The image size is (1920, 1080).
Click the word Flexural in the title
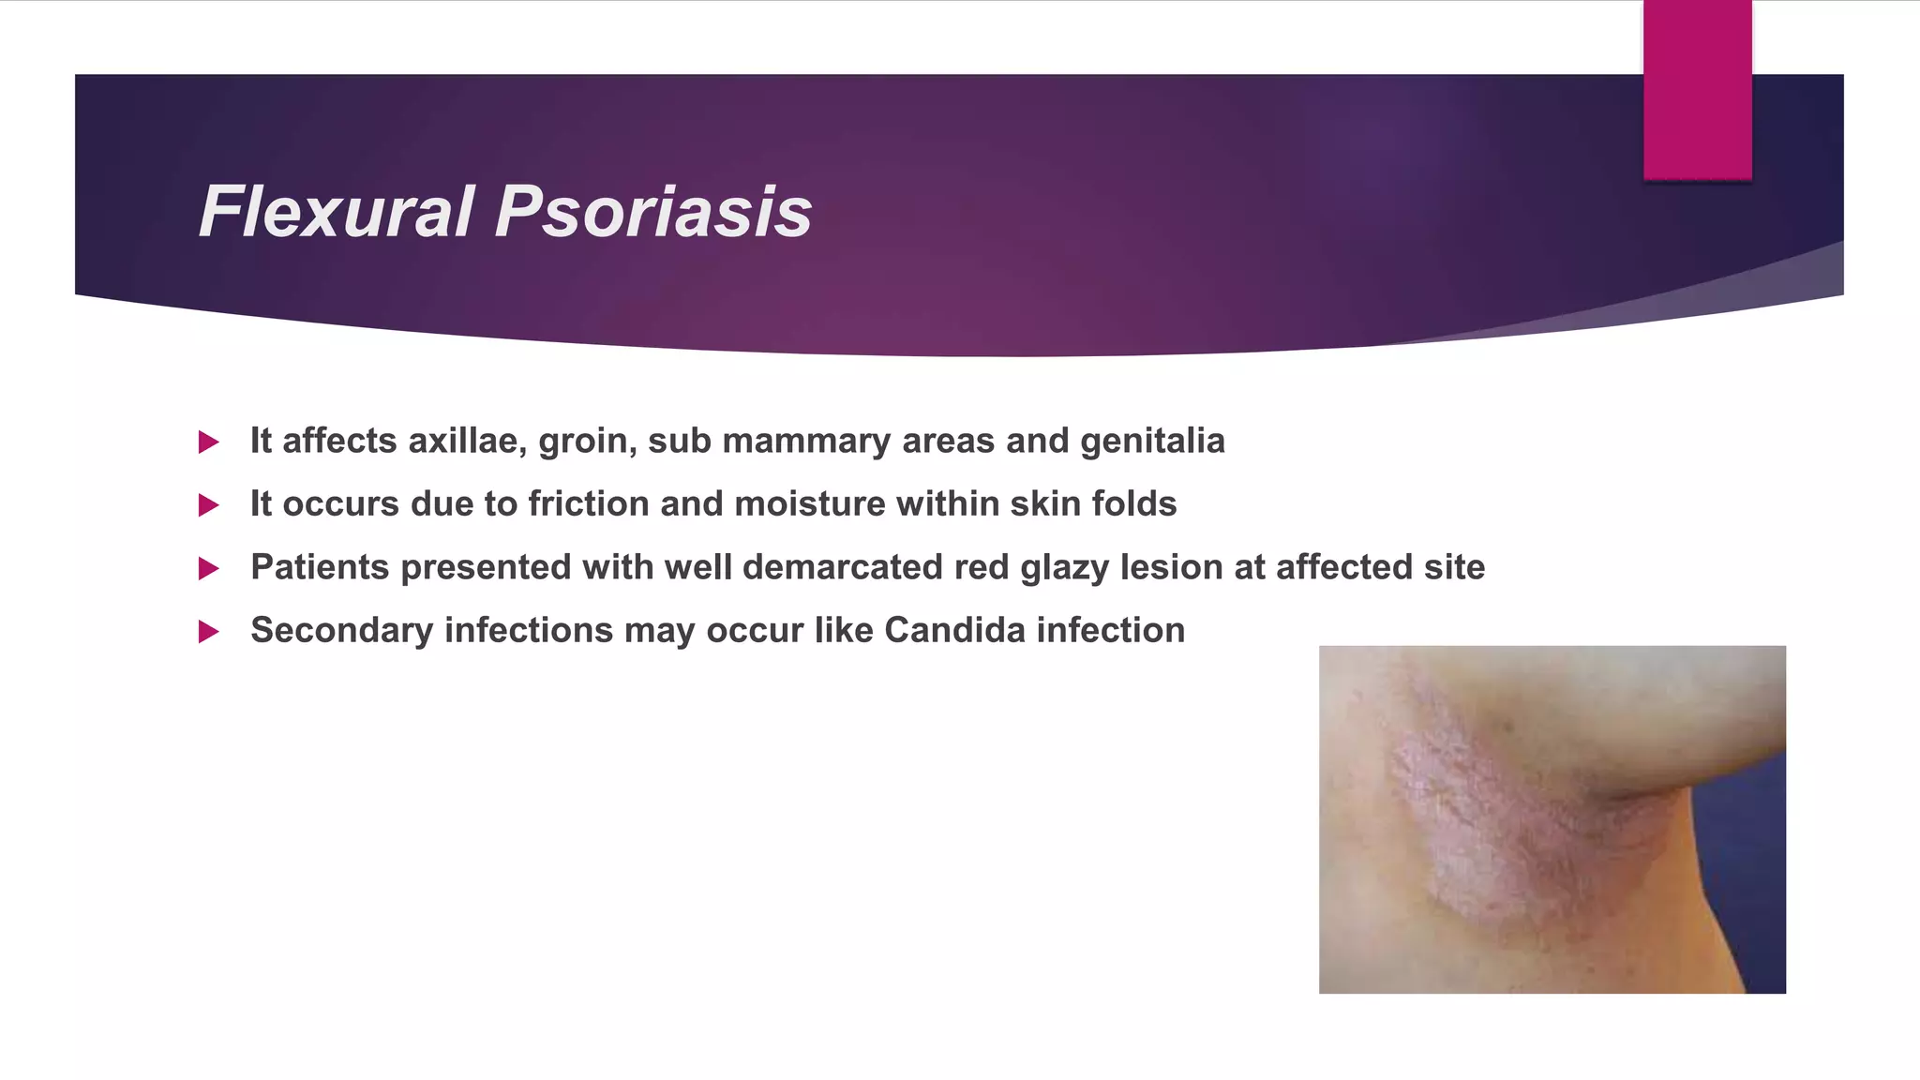(x=336, y=212)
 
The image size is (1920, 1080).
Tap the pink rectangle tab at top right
(x=1697, y=89)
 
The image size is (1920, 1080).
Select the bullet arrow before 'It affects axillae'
(x=208, y=442)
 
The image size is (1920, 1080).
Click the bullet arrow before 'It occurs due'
(x=208, y=505)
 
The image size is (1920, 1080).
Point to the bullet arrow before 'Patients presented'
(x=208, y=568)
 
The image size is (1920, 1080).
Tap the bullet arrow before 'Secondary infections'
(x=208, y=632)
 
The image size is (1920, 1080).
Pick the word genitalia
(x=1152, y=441)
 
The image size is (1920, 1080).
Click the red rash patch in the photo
(x=1491, y=825)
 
